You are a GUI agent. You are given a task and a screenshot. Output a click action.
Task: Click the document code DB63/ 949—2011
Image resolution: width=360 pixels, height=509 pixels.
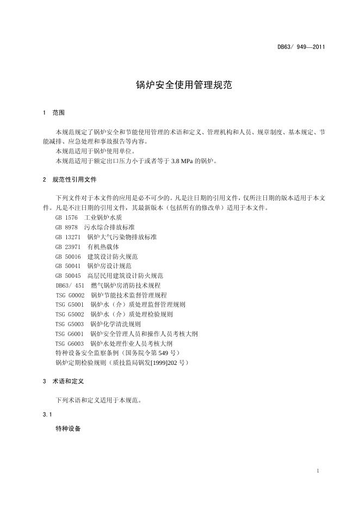[301, 47]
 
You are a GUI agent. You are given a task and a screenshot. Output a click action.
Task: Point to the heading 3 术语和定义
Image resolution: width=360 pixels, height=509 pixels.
[63, 382]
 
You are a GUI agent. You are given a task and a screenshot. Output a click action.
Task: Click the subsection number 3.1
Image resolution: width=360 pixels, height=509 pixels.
[47, 414]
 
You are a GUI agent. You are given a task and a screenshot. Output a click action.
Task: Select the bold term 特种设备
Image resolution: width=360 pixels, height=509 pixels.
[68, 429]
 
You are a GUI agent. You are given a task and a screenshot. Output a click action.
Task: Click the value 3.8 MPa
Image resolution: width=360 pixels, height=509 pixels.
[183, 161]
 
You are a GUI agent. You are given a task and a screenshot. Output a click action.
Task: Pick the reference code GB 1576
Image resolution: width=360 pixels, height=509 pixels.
[67, 218]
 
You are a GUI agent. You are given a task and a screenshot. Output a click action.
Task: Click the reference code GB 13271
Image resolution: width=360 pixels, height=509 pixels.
[68, 237]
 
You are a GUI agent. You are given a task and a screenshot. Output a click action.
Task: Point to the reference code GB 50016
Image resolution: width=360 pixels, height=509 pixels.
[68, 256]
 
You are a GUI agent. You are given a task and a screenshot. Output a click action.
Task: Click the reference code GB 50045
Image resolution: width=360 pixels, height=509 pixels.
[68, 276]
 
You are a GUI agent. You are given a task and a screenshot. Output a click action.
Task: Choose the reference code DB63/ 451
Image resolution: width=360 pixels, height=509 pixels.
[70, 285]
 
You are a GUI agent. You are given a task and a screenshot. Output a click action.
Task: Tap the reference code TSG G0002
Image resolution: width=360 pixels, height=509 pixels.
[70, 295]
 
